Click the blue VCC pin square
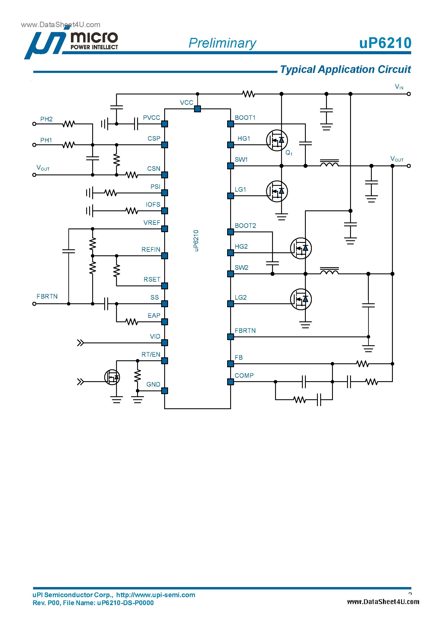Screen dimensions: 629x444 (197, 109)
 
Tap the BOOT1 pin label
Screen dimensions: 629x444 (245, 118)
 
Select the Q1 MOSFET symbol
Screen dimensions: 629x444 (277, 140)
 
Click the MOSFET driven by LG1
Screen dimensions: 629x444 (277, 191)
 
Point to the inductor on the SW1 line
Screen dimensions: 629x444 (329, 164)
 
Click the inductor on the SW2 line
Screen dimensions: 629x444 (329, 272)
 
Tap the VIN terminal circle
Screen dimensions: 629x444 (409, 94)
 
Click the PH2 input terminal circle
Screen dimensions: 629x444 (34, 124)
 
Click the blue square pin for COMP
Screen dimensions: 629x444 (230, 382)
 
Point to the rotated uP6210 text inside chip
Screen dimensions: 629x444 (196, 240)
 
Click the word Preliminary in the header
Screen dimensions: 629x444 (222, 43)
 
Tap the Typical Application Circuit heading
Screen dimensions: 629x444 (345, 69)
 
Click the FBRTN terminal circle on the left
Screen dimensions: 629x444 (34, 304)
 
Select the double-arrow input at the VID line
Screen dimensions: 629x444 (80, 343)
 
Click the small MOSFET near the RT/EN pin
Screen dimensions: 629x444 (112, 377)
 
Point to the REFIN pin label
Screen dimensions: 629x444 (151, 250)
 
